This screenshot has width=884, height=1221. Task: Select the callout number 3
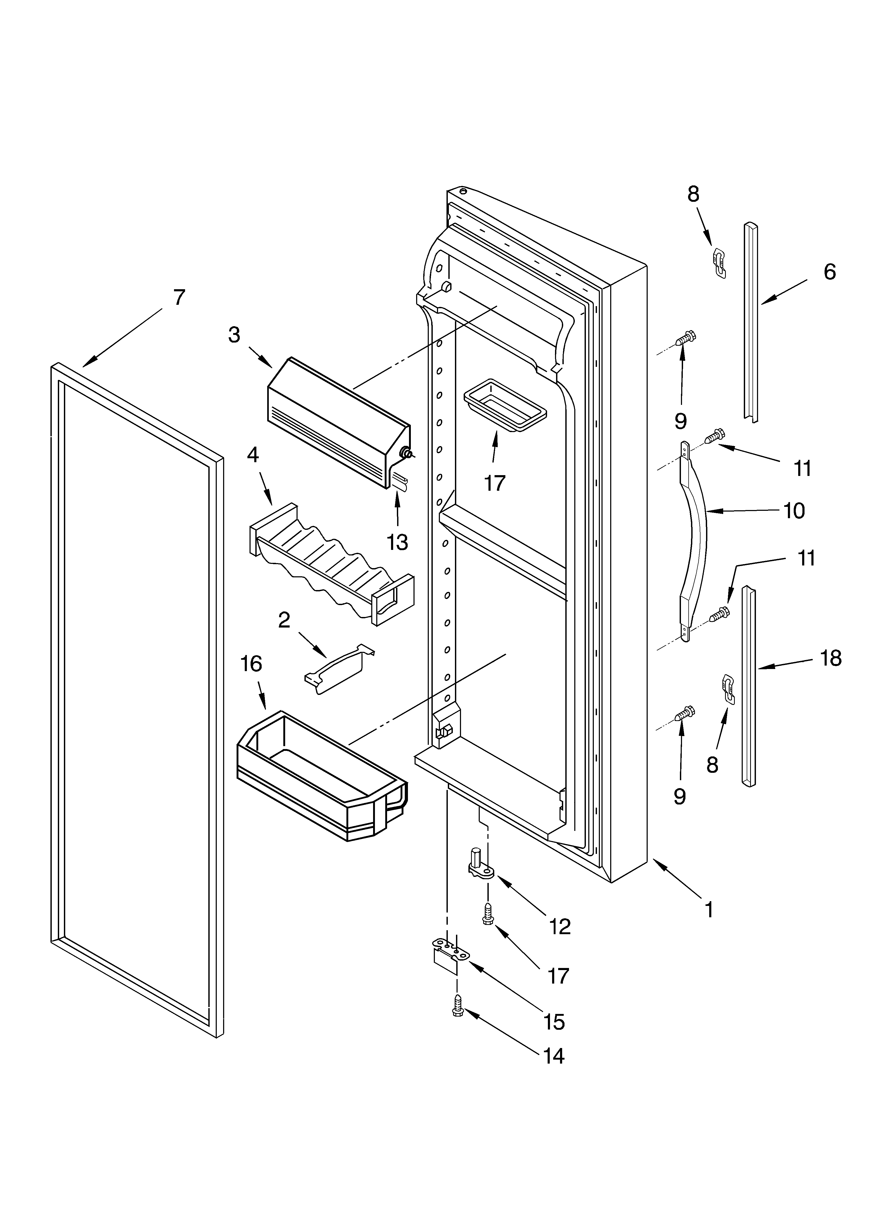click(x=234, y=335)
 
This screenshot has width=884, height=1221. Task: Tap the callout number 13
click(x=397, y=542)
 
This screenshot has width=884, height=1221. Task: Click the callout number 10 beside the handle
click(x=794, y=510)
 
